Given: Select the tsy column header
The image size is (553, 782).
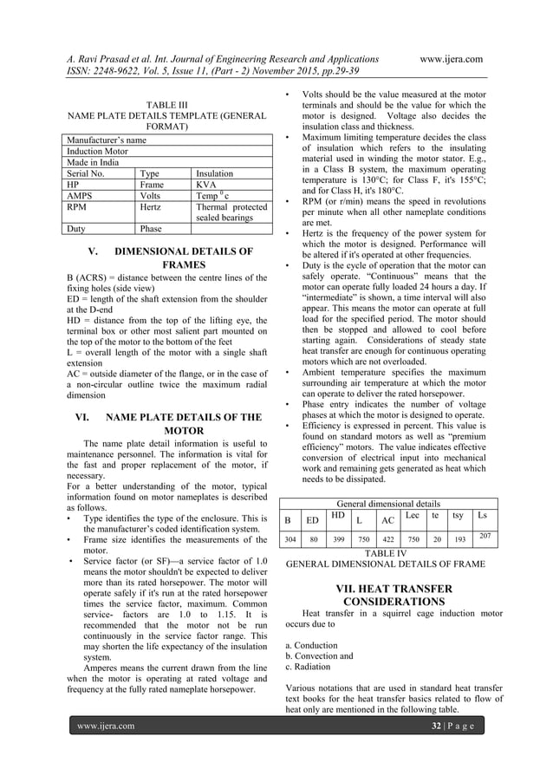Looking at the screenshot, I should pyautogui.click(x=459, y=516).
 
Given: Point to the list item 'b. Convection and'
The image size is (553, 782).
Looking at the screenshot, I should pyautogui.click(x=318, y=656).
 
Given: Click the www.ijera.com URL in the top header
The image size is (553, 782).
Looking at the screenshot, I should pyautogui.click(x=450, y=58).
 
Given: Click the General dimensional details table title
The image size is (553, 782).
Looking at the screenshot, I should pyautogui.click(x=387, y=503).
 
